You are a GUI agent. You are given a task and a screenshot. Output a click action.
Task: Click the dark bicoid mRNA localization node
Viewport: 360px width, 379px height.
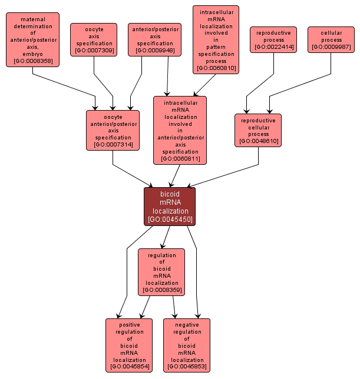(x=170, y=206)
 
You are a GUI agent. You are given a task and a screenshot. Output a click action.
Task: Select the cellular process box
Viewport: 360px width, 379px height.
(x=331, y=39)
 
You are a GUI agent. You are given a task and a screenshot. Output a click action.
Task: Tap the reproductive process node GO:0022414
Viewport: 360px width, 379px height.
(x=273, y=39)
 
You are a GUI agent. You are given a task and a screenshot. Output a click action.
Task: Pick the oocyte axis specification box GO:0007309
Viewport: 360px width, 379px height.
(x=94, y=39)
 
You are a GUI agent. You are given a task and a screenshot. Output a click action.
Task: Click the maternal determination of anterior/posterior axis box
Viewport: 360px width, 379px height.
(x=33, y=39)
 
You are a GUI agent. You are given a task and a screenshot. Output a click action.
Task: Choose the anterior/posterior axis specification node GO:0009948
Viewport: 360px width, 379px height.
(x=154, y=39)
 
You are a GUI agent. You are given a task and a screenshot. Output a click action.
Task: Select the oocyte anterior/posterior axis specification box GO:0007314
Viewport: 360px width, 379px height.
(x=113, y=130)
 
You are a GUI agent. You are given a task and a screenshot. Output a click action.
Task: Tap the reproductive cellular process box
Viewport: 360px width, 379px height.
(x=258, y=130)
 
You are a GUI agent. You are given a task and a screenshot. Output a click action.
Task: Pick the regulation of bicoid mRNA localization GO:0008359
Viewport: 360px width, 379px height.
(x=161, y=272)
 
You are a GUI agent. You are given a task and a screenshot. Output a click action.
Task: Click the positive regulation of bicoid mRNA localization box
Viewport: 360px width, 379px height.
(x=129, y=345)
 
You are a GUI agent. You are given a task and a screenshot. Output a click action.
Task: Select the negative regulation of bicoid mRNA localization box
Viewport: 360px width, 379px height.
(x=187, y=345)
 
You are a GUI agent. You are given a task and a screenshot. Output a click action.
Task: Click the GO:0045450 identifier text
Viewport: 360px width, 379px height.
(x=170, y=220)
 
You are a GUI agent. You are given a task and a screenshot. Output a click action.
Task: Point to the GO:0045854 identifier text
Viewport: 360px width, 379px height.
(x=129, y=367)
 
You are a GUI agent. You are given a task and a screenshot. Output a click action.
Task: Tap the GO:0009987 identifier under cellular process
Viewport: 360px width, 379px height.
(x=331, y=48)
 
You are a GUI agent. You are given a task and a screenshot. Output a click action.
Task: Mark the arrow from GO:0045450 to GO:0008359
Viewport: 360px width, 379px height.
(x=166, y=237)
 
